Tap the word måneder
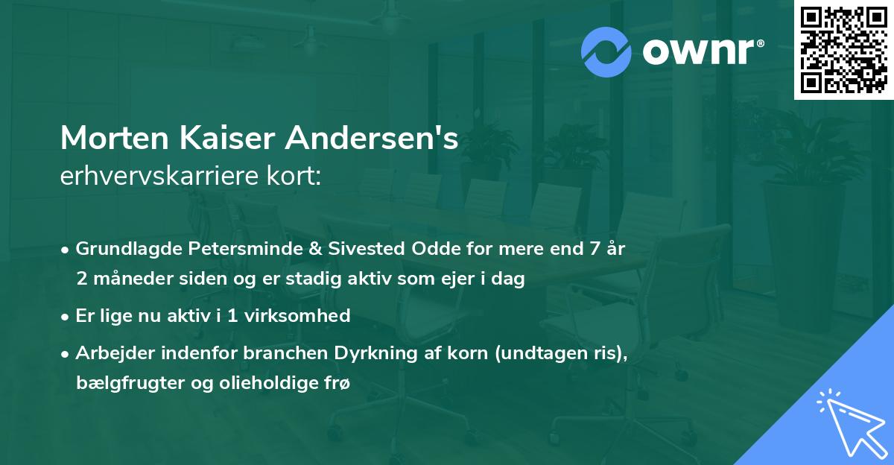point(124,279)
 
